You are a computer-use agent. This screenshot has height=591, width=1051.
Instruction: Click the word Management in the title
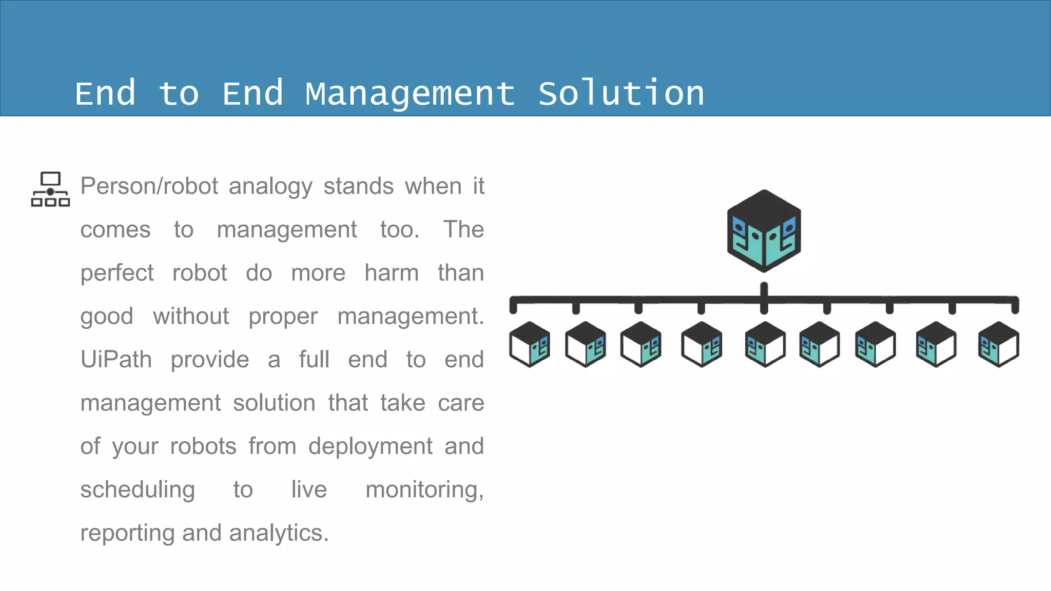tap(410, 94)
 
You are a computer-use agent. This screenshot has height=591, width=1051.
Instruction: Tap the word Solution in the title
tap(621, 94)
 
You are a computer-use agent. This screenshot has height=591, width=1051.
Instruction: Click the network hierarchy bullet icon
tap(50, 189)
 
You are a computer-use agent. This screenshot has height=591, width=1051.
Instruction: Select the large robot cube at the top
tap(764, 231)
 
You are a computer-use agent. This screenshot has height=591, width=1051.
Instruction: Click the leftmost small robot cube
tap(530, 344)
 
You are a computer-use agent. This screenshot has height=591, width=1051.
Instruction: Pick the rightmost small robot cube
tap(998, 344)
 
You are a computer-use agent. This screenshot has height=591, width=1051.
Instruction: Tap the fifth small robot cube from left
tap(765, 344)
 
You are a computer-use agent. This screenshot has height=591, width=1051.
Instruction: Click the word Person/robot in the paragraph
tap(149, 186)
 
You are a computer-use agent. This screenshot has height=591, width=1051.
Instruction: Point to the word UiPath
tap(116, 360)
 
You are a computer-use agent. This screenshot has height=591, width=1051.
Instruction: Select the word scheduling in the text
tap(138, 490)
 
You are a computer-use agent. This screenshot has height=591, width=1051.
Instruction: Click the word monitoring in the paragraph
tap(423, 490)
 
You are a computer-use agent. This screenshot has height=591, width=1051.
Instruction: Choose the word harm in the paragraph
tap(392, 273)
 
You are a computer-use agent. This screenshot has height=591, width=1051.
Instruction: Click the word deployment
tap(370, 446)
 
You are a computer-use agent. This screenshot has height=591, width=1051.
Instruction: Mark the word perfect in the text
tap(117, 273)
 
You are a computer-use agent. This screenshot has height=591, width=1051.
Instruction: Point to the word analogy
tap(270, 186)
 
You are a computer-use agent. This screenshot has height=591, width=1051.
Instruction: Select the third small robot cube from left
tap(640, 344)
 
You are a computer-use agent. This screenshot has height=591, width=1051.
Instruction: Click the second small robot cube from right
tap(936, 344)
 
